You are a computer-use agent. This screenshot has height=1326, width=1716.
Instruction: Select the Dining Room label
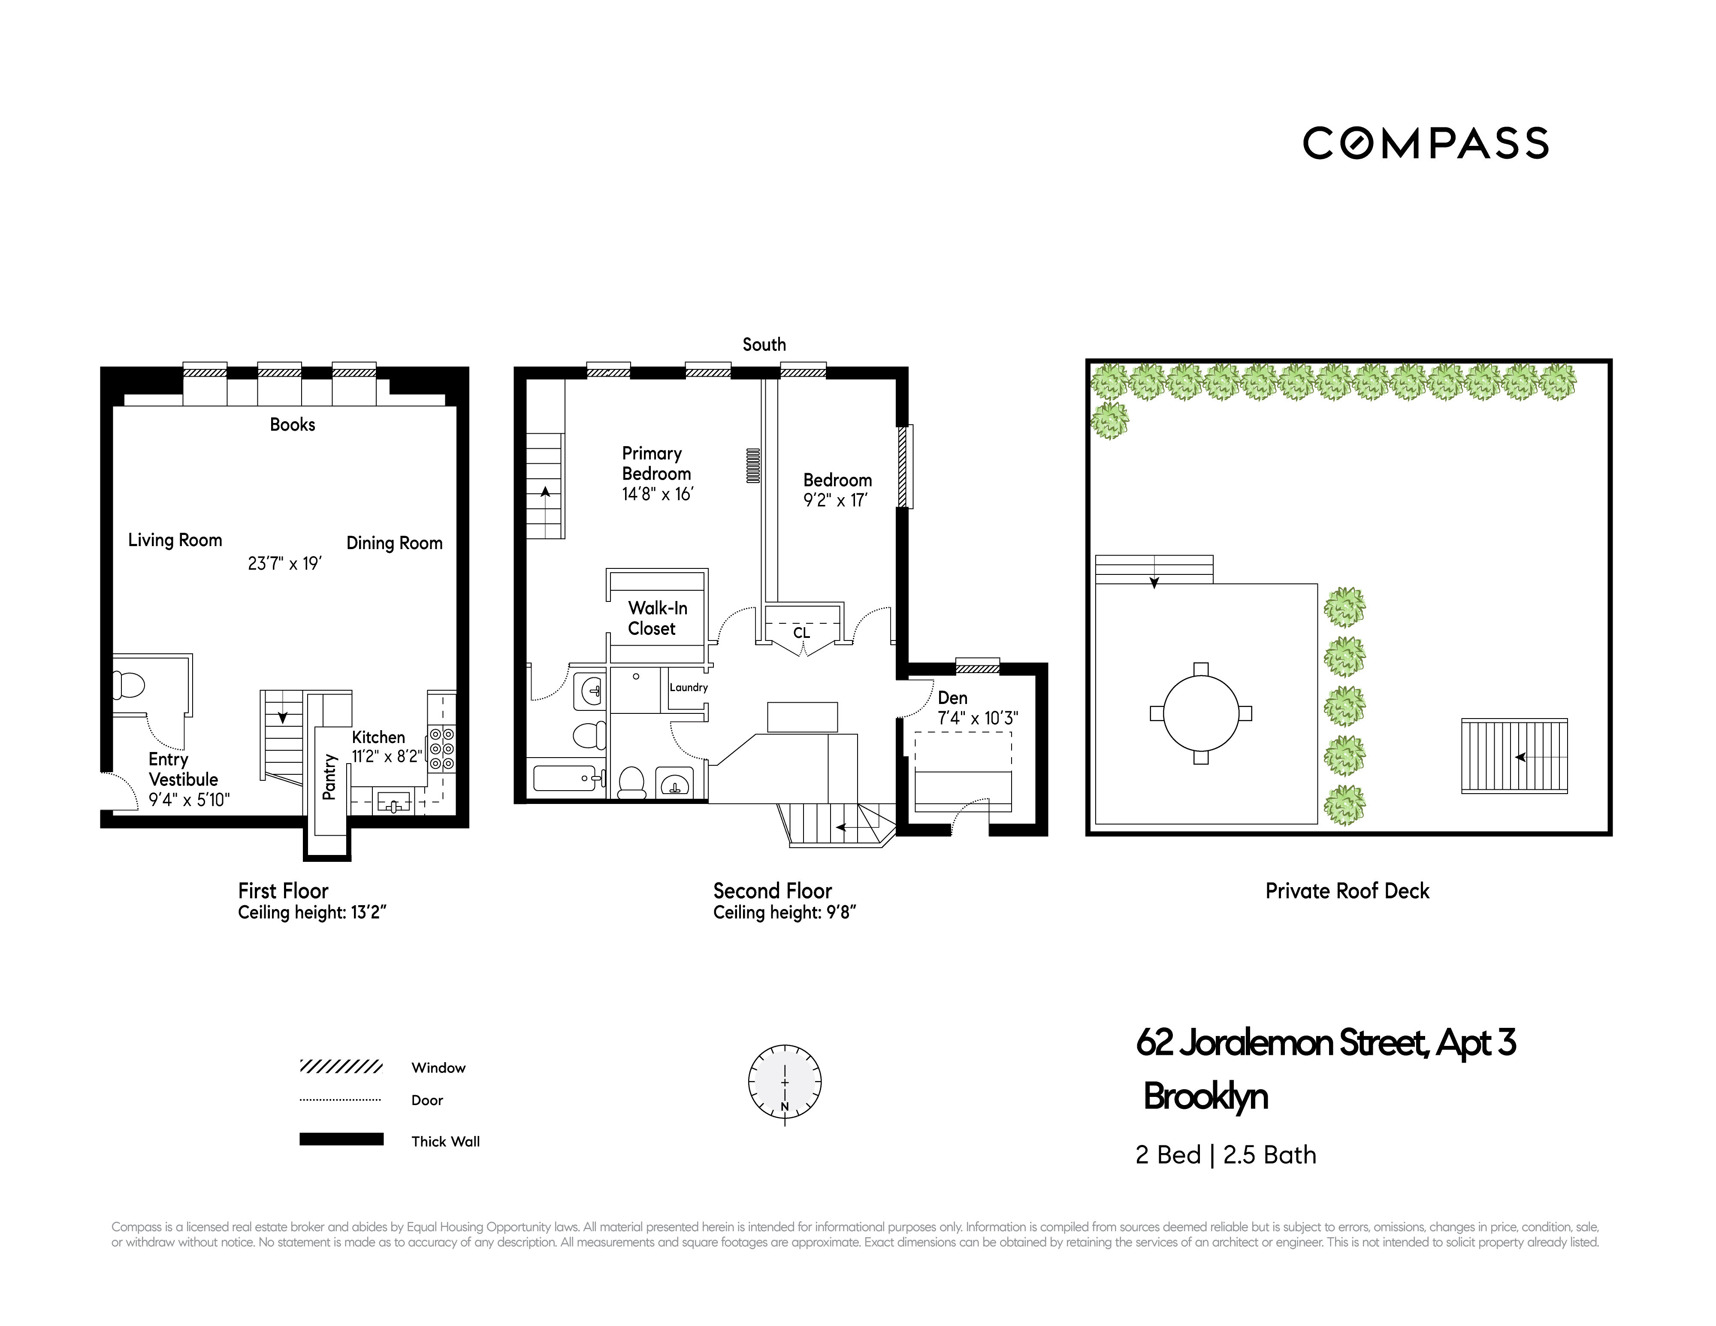[394, 543]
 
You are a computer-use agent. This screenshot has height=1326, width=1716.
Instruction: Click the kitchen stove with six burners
[441, 749]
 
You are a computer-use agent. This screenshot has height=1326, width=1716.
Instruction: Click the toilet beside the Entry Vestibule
[129, 685]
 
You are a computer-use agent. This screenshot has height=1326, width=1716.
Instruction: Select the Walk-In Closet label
[657, 618]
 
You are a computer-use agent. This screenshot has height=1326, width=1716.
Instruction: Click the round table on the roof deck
[1201, 713]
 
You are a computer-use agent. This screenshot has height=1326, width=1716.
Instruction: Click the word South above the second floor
[764, 344]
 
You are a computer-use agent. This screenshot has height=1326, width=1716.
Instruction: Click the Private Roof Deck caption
[1347, 891]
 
